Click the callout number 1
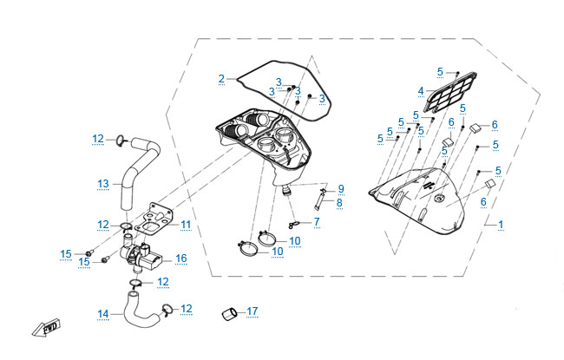(500, 225)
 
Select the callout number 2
(221, 79)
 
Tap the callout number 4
(420, 90)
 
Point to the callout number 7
(317, 222)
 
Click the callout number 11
(185, 224)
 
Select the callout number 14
(103, 313)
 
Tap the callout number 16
(180, 258)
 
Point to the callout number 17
(252, 311)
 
